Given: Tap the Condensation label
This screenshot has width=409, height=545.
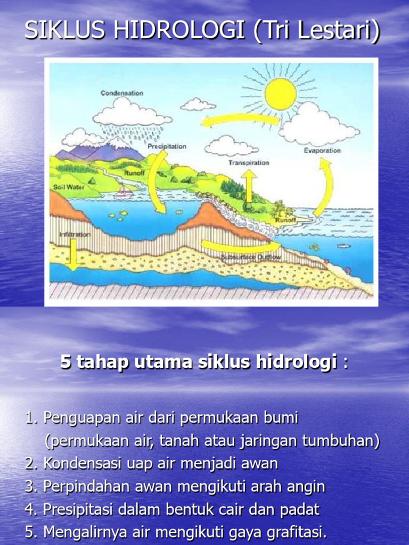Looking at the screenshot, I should [x=122, y=93].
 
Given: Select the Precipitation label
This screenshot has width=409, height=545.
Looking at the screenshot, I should [x=167, y=146].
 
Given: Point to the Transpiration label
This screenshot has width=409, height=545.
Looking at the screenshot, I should [x=249, y=162].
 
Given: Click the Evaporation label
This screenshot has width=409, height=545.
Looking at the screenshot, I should [x=322, y=151].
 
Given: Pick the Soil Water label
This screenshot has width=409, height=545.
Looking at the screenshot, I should [x=66, y=187].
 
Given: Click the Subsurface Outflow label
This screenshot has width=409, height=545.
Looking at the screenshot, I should [x=251, y=258].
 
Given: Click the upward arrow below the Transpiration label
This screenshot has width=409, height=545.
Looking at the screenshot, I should [x=249, y=184].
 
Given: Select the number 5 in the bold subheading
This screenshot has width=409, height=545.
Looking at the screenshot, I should [x=66, y=363].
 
